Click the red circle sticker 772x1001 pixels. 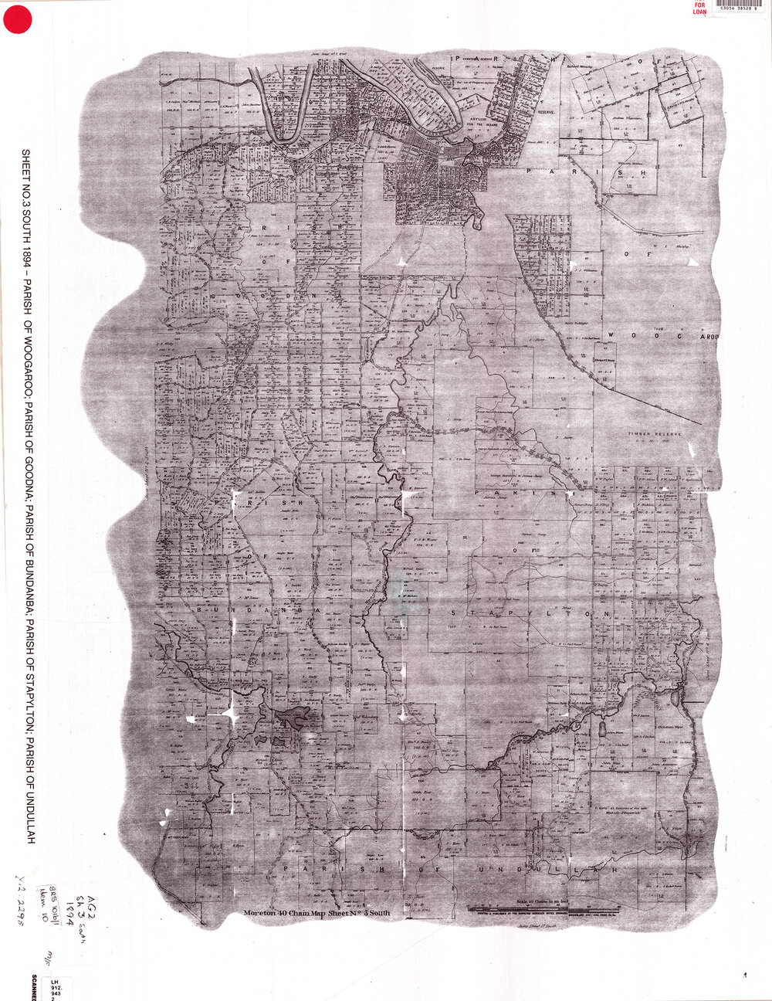click(16, 19)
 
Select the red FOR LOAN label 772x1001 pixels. click(699, 8)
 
